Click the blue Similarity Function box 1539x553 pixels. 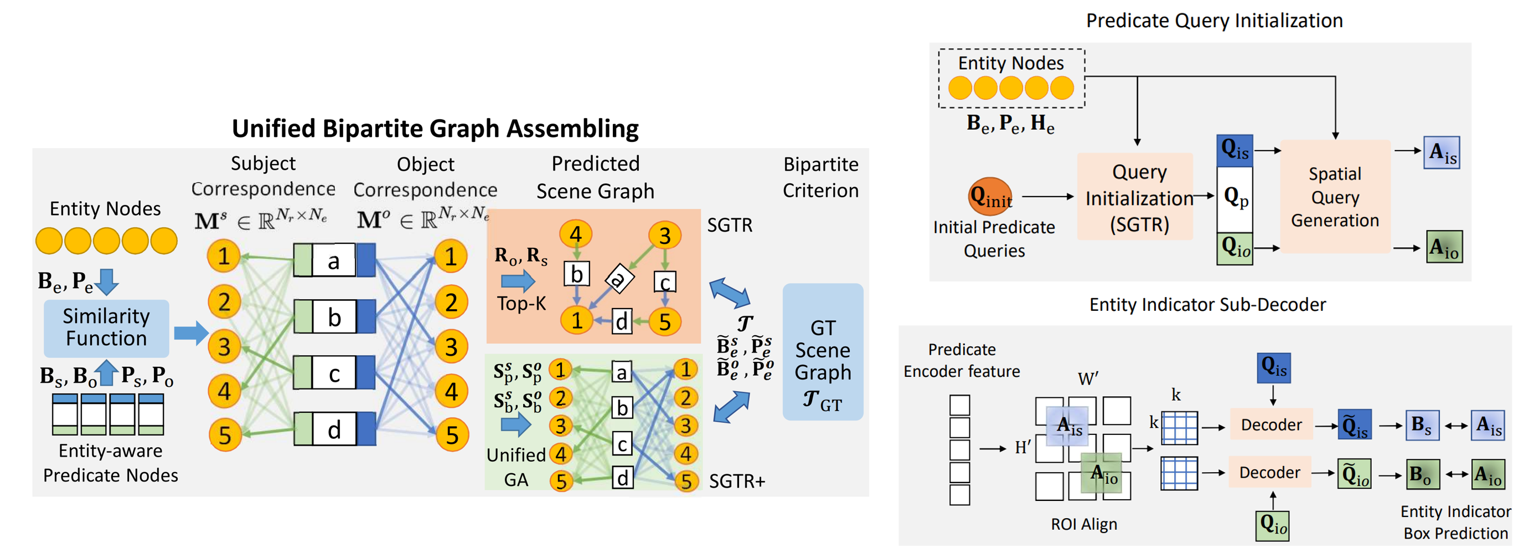tap(106, 327)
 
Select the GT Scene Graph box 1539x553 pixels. tap(822, 351)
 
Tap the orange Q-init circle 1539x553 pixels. tap(990, 196)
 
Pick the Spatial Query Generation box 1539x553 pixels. tap(1335, 197)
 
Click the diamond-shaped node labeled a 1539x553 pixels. tap(618, 278)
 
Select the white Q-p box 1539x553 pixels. tap(1235, 198)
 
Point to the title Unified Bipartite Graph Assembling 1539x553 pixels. tap(435, 129)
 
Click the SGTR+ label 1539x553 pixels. tap(736, 480)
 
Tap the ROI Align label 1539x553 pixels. tap(1083, 524)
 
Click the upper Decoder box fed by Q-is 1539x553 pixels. tap(1271, 424)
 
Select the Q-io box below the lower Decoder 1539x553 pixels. tap(1272, 525)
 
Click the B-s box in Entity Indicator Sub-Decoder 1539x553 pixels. tap(1421, 425)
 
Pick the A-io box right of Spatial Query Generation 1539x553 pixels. tap(1444, 247)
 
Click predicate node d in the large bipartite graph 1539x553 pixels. tap(334, 429)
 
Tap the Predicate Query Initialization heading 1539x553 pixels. tap(1213, 21)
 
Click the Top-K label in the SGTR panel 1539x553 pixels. tap(521, 303)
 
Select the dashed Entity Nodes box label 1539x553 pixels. tap(1010, 63)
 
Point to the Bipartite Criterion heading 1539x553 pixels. tap(820, 177)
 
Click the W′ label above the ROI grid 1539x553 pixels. tap(1087, 378)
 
